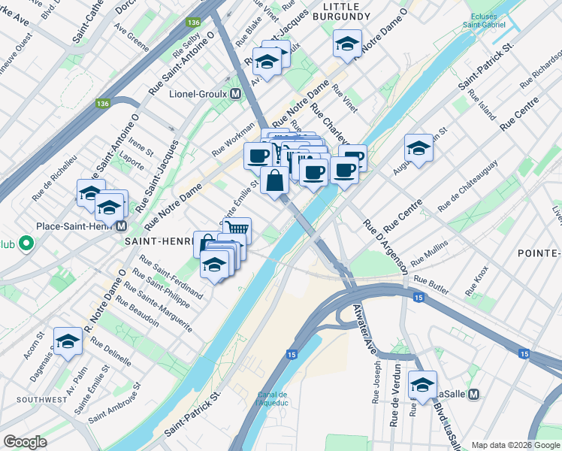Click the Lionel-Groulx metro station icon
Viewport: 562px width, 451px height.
click(x=236, y=94)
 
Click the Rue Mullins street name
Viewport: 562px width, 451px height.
click(x=429, y=253)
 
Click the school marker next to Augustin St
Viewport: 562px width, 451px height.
click(x=418, y=147)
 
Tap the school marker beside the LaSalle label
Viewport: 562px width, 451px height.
click(x=422, y=384)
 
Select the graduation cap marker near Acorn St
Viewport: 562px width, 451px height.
click(x=68, y=342)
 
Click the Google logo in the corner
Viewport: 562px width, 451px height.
click(x=25, y=442)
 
